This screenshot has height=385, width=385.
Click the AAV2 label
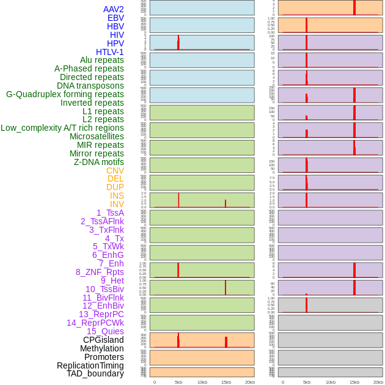(114, 9)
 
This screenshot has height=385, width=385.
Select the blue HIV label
(117, 35)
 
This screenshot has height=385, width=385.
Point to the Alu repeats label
(102, 60)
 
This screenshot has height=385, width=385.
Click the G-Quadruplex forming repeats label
(65, 94)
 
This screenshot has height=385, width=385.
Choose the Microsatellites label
(97, 136)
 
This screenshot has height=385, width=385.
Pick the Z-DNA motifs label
(99, 162)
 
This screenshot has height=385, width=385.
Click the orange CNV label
(115, 170)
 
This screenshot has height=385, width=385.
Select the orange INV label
(117, 204)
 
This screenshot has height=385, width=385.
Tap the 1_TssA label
(110, 213)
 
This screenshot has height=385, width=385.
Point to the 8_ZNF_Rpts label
(100, 272)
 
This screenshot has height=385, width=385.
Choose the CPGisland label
(103, 340)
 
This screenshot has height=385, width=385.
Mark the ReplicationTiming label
(90, 365)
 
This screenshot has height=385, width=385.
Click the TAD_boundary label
(95, 373)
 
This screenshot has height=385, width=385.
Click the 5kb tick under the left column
(178, 382)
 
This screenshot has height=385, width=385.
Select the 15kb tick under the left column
(226, 382)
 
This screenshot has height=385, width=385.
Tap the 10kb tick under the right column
(331, 382)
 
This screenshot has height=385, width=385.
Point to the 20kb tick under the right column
(378, 382)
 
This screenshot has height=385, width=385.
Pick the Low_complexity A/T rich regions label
(62, 128)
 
